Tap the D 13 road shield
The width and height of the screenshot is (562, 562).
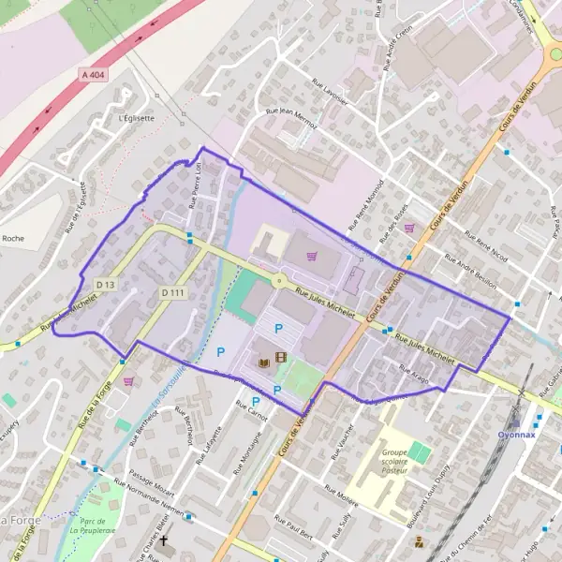click(105, 284)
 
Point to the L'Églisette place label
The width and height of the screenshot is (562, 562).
click(137, 119)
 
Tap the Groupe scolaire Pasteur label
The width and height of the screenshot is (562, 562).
click(400, 460)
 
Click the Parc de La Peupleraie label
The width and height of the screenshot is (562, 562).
click(92, 525)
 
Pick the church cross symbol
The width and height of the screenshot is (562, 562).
click(165, 541)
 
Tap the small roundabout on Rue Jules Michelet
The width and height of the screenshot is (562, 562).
click(278, 280)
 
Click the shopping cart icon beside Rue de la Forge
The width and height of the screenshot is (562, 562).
click(128, 381)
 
